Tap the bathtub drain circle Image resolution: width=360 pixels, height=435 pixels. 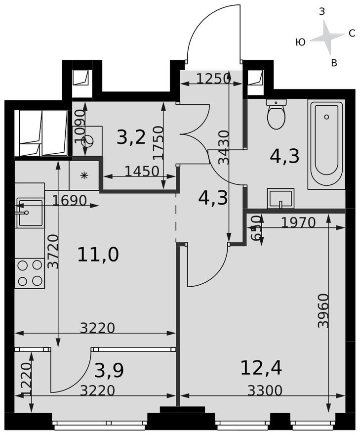(x=327, y=117)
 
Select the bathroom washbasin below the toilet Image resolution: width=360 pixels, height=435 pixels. (x=280, y=198)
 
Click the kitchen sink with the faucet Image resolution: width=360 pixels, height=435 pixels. (x=30, y=212)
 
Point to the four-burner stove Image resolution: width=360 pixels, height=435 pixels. (x=29, y=273)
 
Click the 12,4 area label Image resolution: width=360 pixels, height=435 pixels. (x=261, y=368)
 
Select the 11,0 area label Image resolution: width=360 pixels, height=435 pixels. (x=98, y=255)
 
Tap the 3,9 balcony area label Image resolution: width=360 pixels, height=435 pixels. (x=109, y=371)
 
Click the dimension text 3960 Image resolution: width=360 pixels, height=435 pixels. (x=323, y=311)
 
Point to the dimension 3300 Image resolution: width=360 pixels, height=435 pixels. (x=265, y=391)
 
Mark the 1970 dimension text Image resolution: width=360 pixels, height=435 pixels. (x=298, y=222)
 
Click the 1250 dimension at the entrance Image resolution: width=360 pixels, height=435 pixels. (x=213, y=79)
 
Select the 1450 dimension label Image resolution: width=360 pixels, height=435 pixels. (x=142, y=172)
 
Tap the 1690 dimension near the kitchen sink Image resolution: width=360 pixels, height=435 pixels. (x=69, y=200)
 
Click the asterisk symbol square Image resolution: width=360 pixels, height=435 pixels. (x=84, y=175)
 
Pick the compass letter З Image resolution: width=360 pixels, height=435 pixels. (x=322, y=12)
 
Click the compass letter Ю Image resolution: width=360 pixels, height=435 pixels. (x=301, y=43)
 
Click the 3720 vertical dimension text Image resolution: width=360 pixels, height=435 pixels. (x=53, y=252)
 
